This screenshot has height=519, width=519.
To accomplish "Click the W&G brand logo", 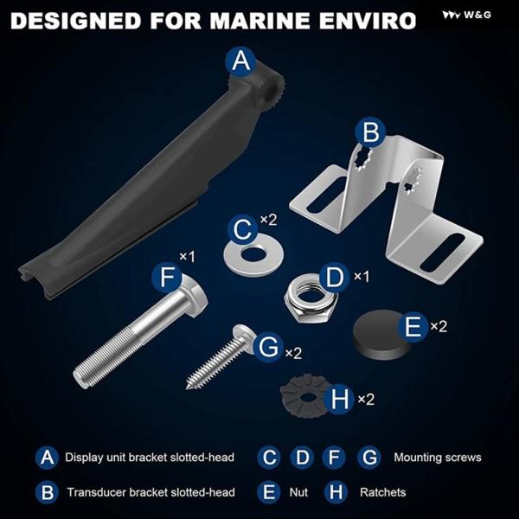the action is [467, 15].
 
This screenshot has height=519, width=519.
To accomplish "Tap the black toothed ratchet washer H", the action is [304, 396].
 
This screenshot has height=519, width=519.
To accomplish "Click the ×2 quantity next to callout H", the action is [366, 400].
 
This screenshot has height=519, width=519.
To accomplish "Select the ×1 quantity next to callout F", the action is [187, 257].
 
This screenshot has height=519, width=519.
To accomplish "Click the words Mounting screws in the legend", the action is [437, 457].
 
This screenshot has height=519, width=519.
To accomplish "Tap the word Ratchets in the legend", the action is [382, 492].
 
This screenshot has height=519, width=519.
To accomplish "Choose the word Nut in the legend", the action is [298, 492].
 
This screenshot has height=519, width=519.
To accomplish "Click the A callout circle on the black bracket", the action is [241, 61].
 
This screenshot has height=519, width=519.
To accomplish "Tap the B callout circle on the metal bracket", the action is [370, 132].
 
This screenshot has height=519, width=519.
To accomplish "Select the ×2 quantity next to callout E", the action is [439, 327].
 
